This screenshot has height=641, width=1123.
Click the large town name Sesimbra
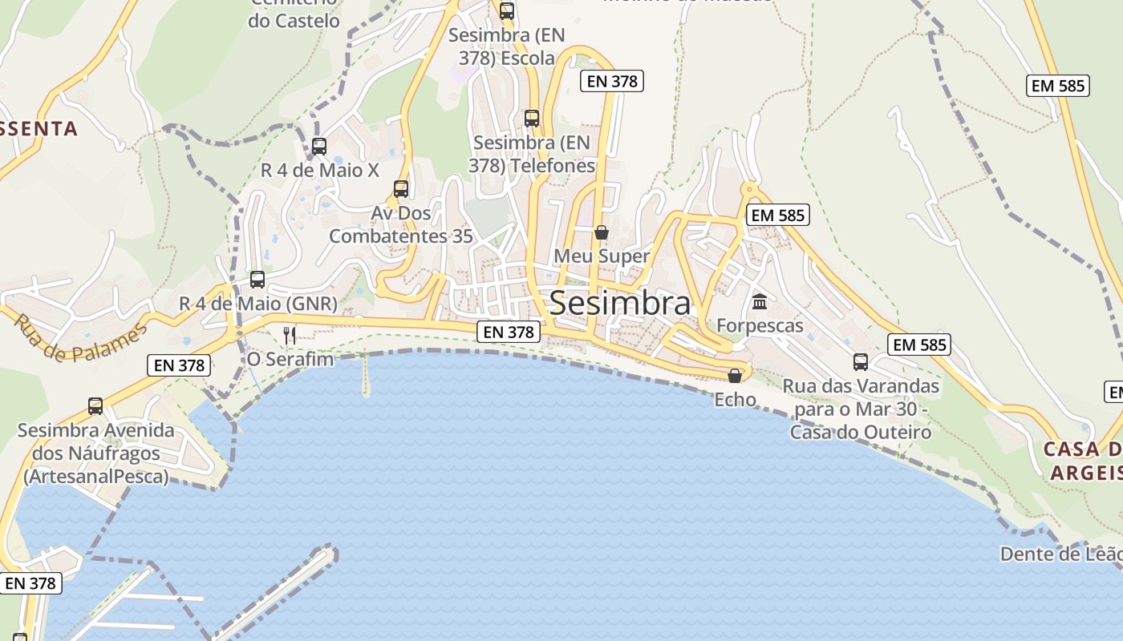point(619,304)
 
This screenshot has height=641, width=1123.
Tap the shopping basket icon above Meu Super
point(601,232)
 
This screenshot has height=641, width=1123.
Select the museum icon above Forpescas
point(759,302)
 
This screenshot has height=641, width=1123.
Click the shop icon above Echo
point(734,375)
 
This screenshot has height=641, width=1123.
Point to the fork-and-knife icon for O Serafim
point(290,335)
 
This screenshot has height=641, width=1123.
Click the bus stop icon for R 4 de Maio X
point(318,146)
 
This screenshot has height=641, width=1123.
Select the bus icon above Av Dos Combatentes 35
point(400,189)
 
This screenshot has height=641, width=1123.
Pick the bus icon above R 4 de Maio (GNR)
point(257,279)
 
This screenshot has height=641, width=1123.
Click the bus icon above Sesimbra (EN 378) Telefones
point(531,118)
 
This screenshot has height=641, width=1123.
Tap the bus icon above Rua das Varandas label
point(860,361)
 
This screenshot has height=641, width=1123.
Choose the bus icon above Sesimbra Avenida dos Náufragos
point(95,405)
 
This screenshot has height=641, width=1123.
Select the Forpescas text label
point(759,325)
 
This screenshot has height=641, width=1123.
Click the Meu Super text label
point(602,256)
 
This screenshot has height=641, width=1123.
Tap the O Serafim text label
point(290,359)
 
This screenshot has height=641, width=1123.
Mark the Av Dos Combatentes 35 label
point(400,225)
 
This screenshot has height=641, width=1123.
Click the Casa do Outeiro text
point(861,432)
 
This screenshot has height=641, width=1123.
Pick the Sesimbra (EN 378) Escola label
point(506,46)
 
